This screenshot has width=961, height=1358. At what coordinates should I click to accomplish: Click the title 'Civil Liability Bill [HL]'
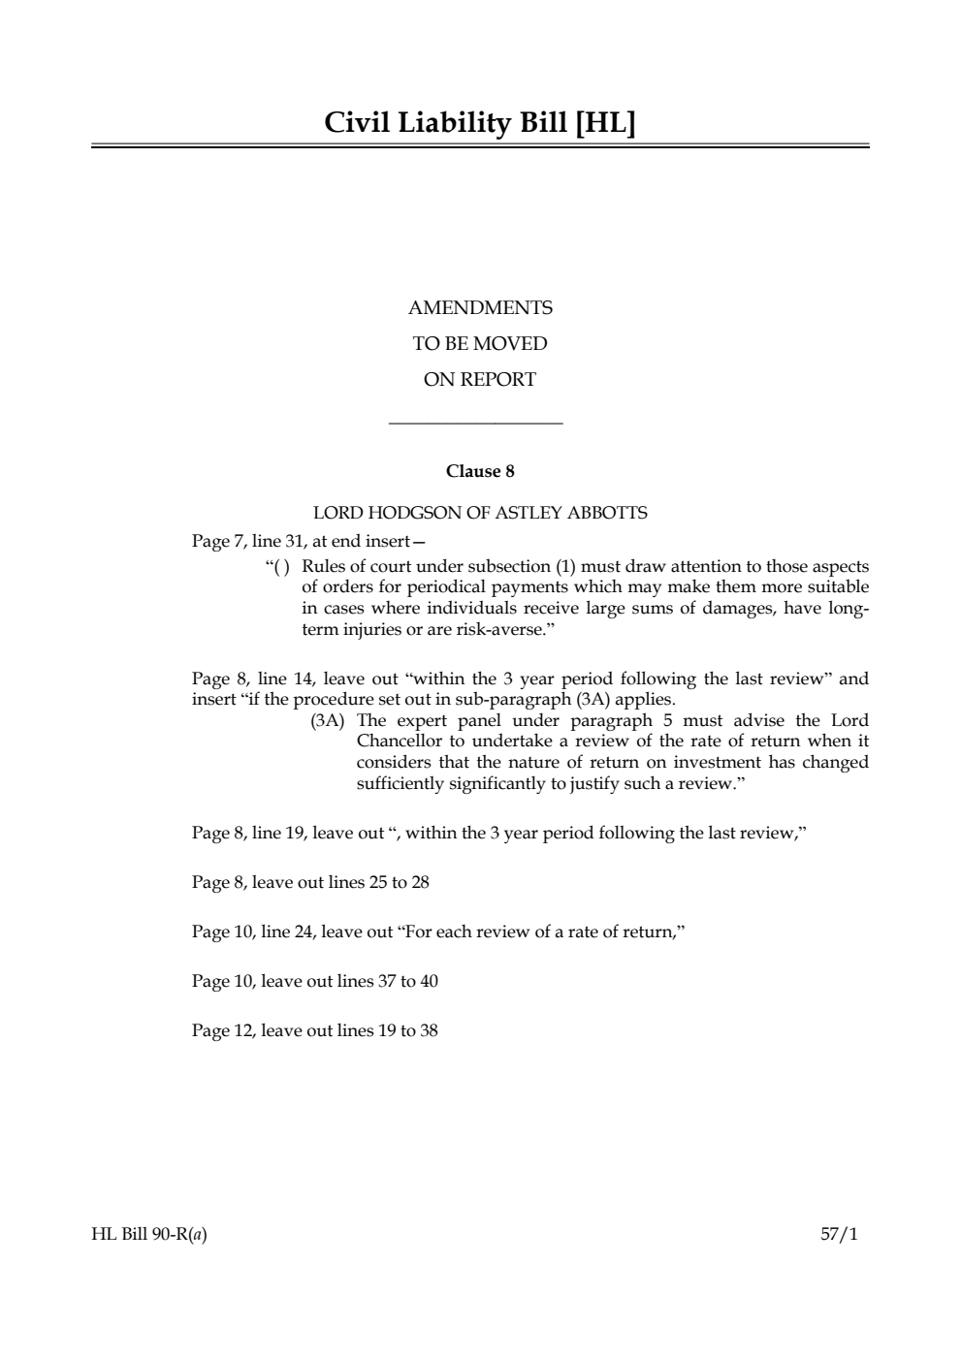[x=480, y=123]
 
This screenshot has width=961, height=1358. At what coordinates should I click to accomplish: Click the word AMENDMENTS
[x=480, y=308]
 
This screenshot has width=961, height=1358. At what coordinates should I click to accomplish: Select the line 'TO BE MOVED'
[x=480, y=344]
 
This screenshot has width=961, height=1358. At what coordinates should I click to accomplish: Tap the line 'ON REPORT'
[x=480, y=380]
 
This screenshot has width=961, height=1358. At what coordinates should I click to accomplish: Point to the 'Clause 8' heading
[x=480, y=472]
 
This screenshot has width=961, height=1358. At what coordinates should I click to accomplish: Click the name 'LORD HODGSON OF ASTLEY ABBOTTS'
[x=480, y=513]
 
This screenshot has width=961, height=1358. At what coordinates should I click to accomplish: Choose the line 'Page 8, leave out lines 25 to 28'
[x=310, y=882]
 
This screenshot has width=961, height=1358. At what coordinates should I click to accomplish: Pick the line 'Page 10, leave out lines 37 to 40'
[x=315, y=981]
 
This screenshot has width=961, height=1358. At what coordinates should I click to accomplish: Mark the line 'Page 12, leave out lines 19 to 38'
[x=315, y=1030]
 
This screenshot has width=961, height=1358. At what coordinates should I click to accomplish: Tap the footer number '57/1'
[x=839, y=1235]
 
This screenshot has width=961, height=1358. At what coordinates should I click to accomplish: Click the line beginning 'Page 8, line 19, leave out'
[x=499, y=833]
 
